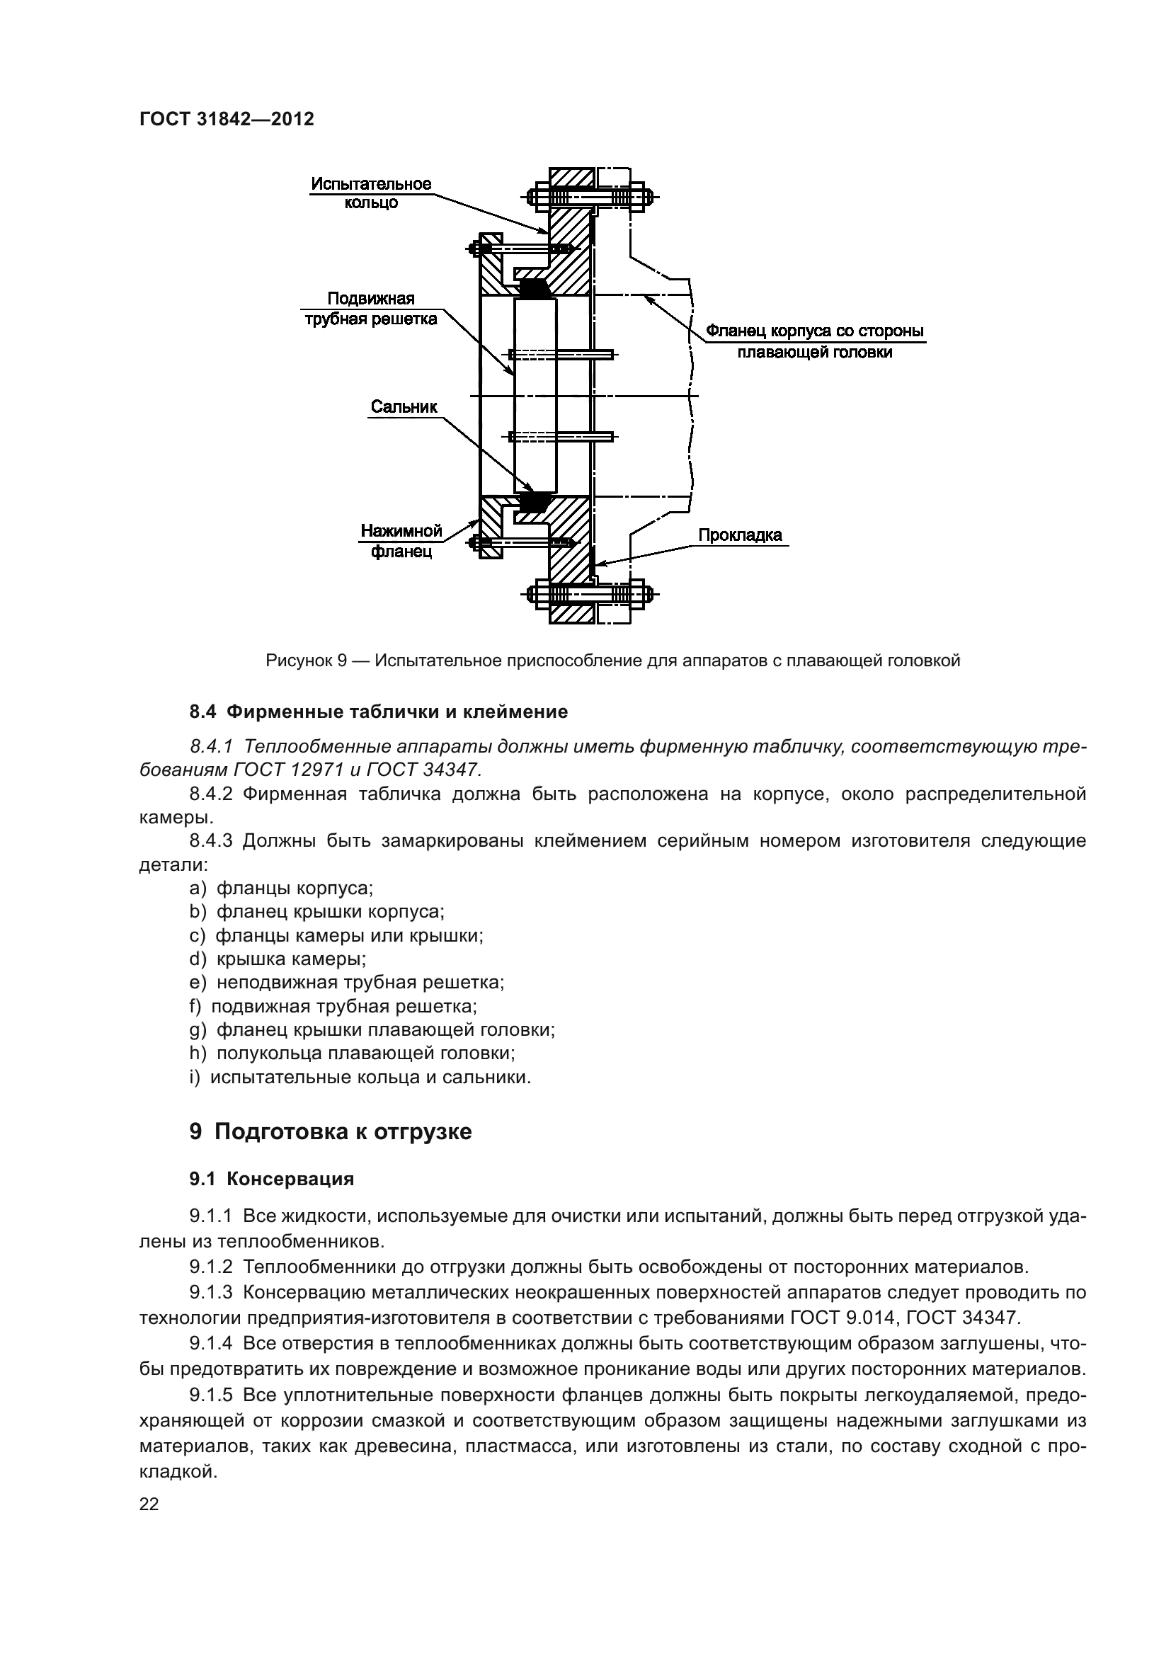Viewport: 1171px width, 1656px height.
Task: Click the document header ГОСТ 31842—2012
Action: pos(227,119)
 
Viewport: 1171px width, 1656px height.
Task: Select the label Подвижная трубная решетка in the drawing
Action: pos(370,309)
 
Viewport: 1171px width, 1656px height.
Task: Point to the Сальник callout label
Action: pos(404,406)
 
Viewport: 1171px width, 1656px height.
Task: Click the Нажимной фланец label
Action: pos(401,542)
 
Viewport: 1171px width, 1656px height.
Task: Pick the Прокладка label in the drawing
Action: pos(739,535)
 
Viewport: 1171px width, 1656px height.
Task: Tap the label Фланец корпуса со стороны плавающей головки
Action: pos(814,342)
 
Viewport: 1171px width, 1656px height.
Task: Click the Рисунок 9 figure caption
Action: pos(613,660)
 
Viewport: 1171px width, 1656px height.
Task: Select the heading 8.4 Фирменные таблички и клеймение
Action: pos(379,712)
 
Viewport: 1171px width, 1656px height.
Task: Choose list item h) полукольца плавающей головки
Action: pos(352,1052)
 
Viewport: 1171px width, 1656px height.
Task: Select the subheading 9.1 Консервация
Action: pos(272,1179)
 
